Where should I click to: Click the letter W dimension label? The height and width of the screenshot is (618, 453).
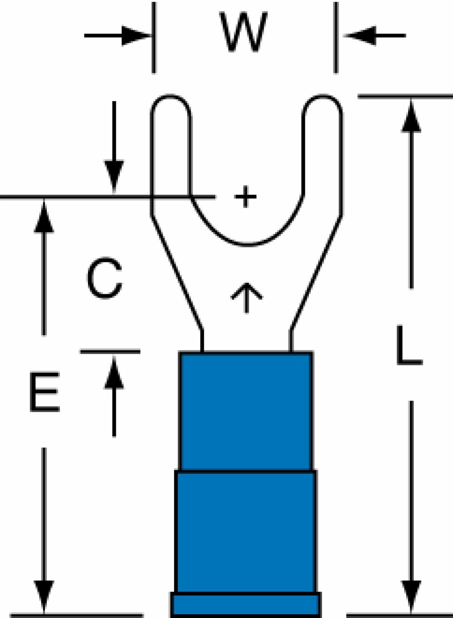(x=243, y=31)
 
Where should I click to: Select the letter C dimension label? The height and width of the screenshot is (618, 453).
(x=104, y=278)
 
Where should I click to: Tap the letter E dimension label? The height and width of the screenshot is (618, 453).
(x=45, y=392)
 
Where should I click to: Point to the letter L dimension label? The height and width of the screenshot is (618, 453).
(x=410, y=345)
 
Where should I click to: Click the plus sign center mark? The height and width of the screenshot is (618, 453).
(x=245, y=196)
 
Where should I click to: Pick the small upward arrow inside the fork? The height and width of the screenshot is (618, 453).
(x=247, y=298)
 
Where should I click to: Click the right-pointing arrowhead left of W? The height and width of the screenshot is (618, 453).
(x=136, y=35)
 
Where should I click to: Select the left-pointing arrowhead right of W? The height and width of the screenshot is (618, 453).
(x=359, y=35)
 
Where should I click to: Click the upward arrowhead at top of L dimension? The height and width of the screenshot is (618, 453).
(x=411, y=116)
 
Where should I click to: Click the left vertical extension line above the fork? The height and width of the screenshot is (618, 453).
(x=154, y=38)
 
